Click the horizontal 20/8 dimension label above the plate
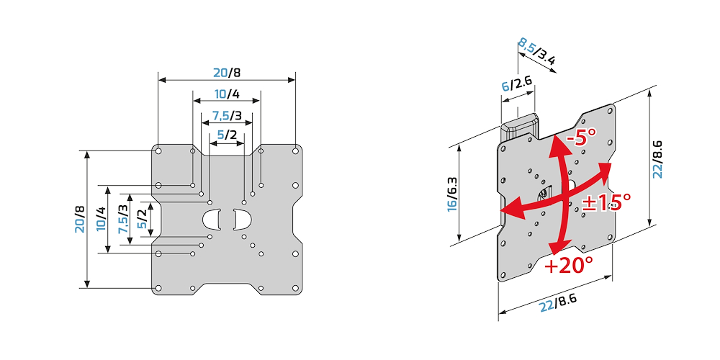coord(227,72)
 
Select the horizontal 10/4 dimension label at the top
coord(227,95)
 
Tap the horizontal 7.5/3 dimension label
coord(227,117)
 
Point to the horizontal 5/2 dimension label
coord(227,135)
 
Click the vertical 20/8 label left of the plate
coord(79,219)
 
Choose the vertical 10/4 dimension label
coord(101,219)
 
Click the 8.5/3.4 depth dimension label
coord(536,53)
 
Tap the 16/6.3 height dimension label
coord(451,194)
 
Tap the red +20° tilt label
coord(568,266)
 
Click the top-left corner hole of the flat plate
coord(158,151)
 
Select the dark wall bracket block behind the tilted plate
coord(519,125)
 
